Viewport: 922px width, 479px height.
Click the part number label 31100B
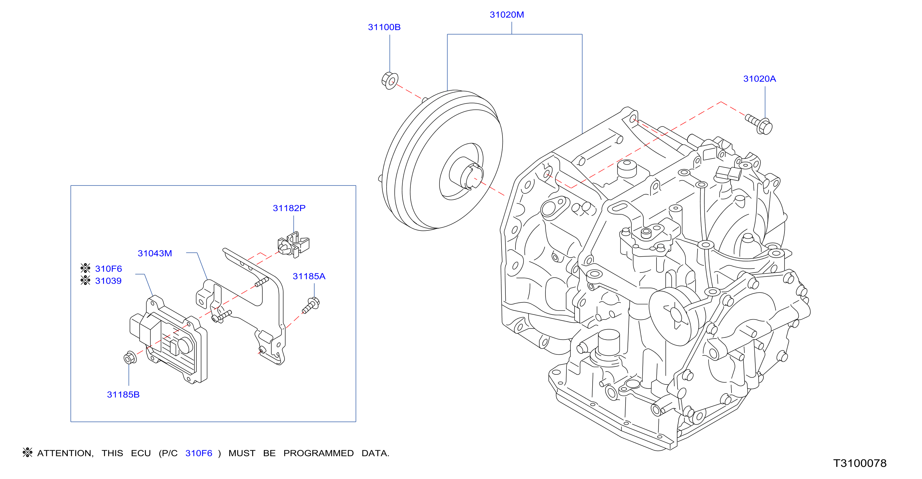[384, 27]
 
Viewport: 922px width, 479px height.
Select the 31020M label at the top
[506, 15]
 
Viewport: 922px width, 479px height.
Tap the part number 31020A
[759, 79]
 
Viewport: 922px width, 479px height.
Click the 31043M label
[155, 253]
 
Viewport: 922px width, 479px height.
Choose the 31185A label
[309, 276]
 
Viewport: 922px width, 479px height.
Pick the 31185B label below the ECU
[123, 394]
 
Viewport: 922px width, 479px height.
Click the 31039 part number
[108, 281]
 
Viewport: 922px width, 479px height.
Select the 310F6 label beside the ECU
[109, 269]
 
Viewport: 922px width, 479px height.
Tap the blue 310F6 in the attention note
[199, 453]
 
